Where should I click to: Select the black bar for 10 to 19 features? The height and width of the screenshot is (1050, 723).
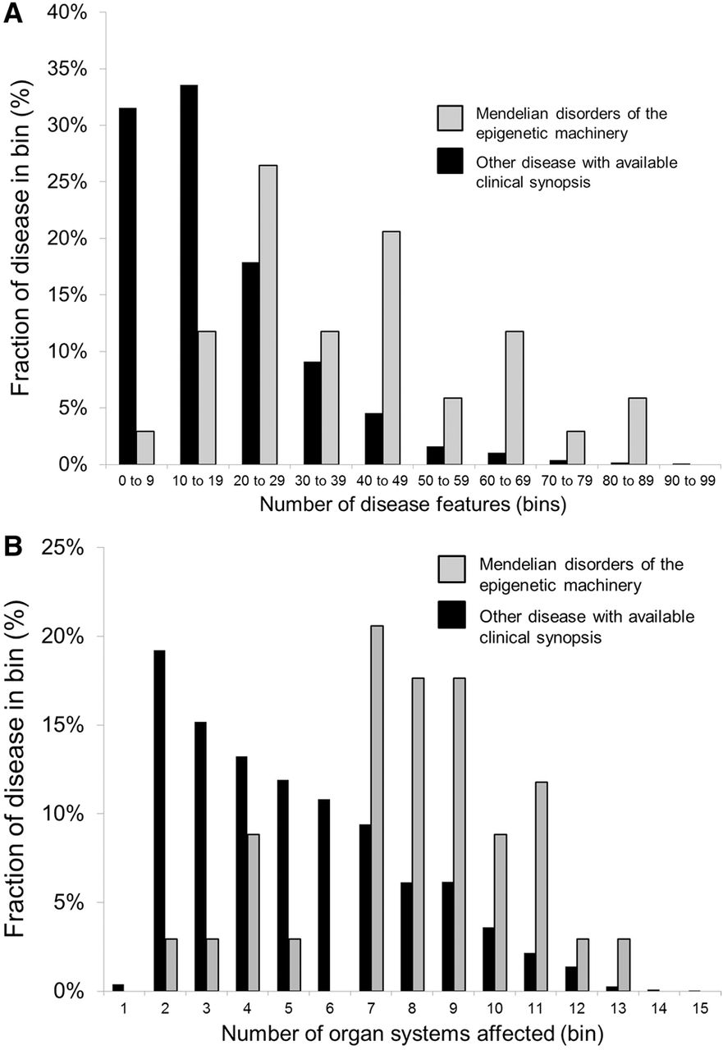click(189, 275)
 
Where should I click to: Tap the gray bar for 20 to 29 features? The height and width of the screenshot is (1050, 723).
click(268, 315)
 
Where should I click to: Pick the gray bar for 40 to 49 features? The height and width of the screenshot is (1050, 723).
click(391, 348)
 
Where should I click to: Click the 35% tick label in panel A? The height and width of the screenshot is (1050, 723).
click(66, 69)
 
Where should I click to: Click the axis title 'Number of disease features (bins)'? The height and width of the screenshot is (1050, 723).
click(412, 505)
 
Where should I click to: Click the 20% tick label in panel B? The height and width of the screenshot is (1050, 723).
click(66, 637)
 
